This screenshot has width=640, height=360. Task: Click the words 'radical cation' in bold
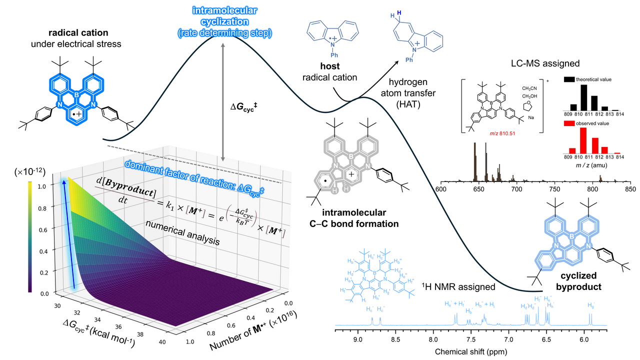tap(78, 33)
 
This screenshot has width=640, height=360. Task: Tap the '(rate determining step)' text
tap(225, 33)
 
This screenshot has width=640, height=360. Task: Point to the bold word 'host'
tap(330, 66)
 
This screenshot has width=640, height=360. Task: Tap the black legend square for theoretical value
tap(562, 79)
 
